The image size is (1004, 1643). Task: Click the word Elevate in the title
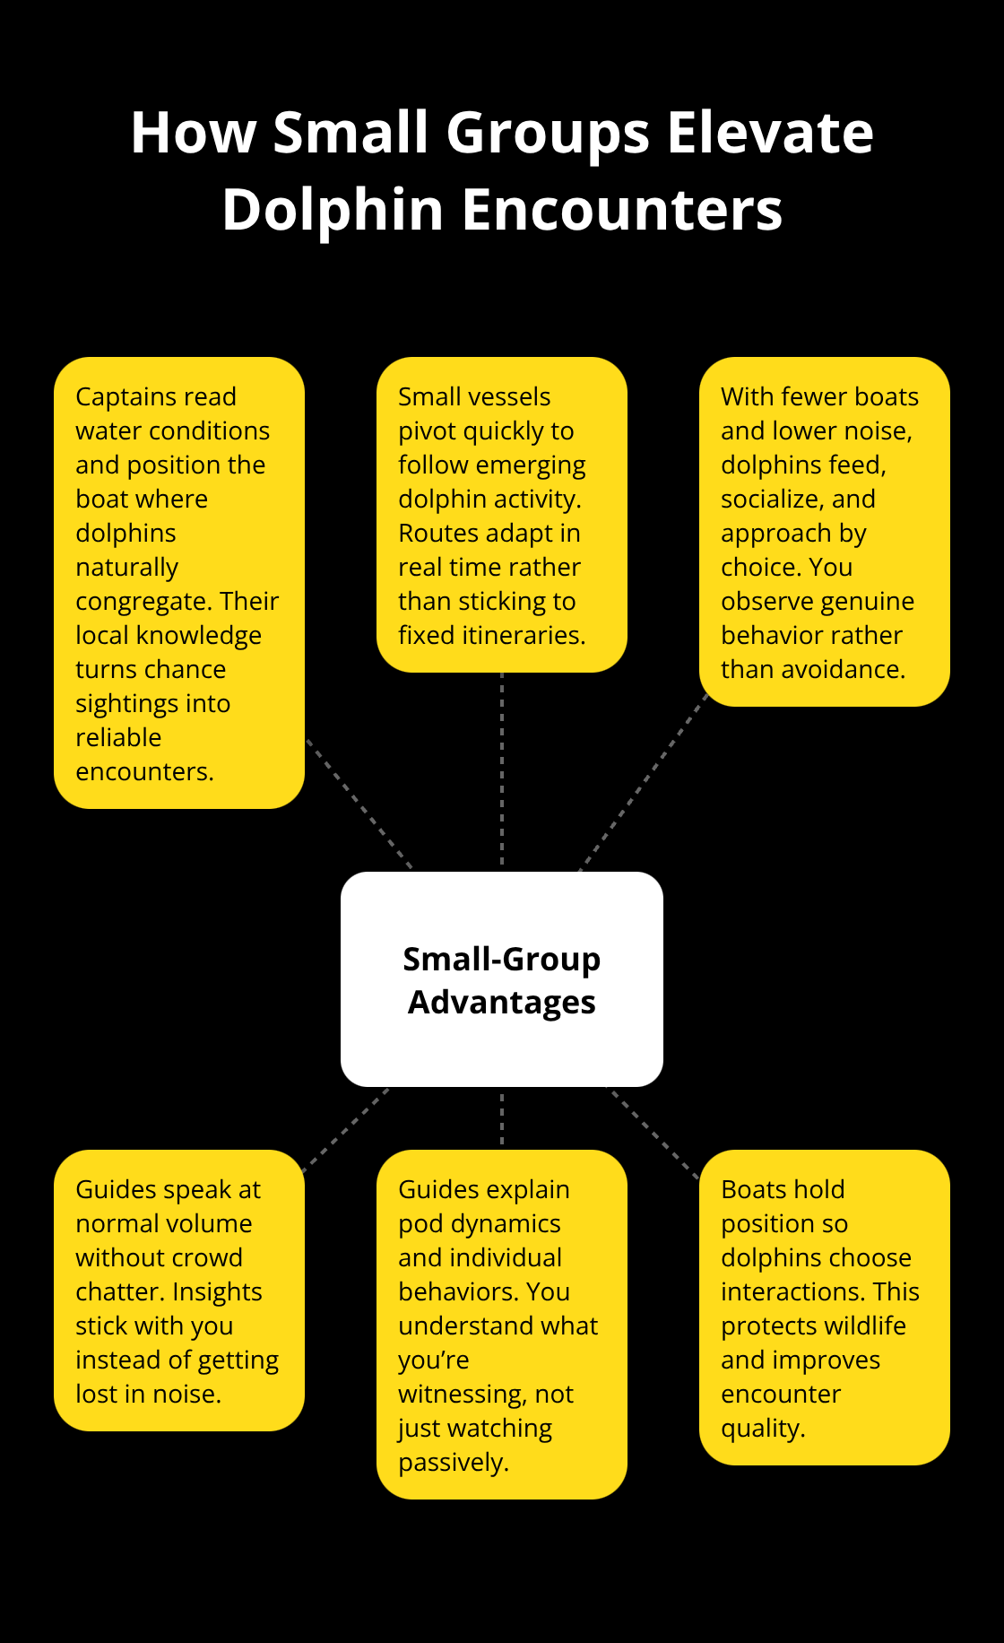pos(770,133)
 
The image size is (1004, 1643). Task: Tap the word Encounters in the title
pos(622,210)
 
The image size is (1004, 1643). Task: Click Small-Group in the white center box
pos(502,960)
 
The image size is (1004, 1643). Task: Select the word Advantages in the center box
pos(502,1003)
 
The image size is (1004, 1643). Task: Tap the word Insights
pos(217,1292)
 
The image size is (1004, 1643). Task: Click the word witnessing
pos(462,1395)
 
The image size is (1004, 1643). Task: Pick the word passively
pos(454,1463)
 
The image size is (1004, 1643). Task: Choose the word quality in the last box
pos(763,1429)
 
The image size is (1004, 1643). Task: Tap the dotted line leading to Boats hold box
pos(653,1133)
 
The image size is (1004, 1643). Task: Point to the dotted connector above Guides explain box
pos(502,1117)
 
